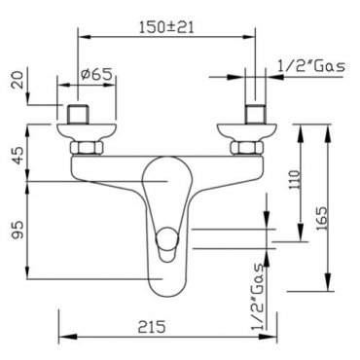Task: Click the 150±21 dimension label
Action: coord(166,27)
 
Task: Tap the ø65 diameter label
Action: coord(96,74)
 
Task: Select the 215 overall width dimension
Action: coord(152,326)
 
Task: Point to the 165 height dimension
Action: coord(321,218)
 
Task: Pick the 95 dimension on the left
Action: coord(18,230)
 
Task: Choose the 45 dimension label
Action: coord(18,156)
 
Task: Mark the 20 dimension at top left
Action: coord(18,80)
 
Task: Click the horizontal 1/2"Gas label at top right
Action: coord(311,66)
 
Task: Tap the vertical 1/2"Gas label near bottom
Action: coord(259,297)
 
